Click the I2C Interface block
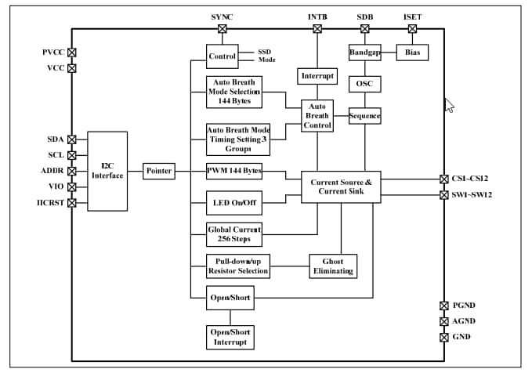[x=107, y=171]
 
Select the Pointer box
[x=159, y=171]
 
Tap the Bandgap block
[x=364, y=52]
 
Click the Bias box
[x=412, y=52]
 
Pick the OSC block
[x=364, y=83]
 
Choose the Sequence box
[x=364, y=116]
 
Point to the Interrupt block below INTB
[x=317, y=76]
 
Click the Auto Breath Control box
[x=317, y=116]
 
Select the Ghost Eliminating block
[x=333, y=266]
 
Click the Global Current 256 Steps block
[x=233, y=233]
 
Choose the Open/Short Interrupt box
[x=230, y=337]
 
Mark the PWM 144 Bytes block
[x=233, y=171]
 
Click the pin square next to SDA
[x=72, y=139]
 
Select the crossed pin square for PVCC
[x=72, y=52]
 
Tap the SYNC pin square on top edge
[x=222, y=29]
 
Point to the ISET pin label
[x=412, y=16]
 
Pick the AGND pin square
[x=444, y=321]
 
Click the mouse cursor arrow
[x=449, y=105]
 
